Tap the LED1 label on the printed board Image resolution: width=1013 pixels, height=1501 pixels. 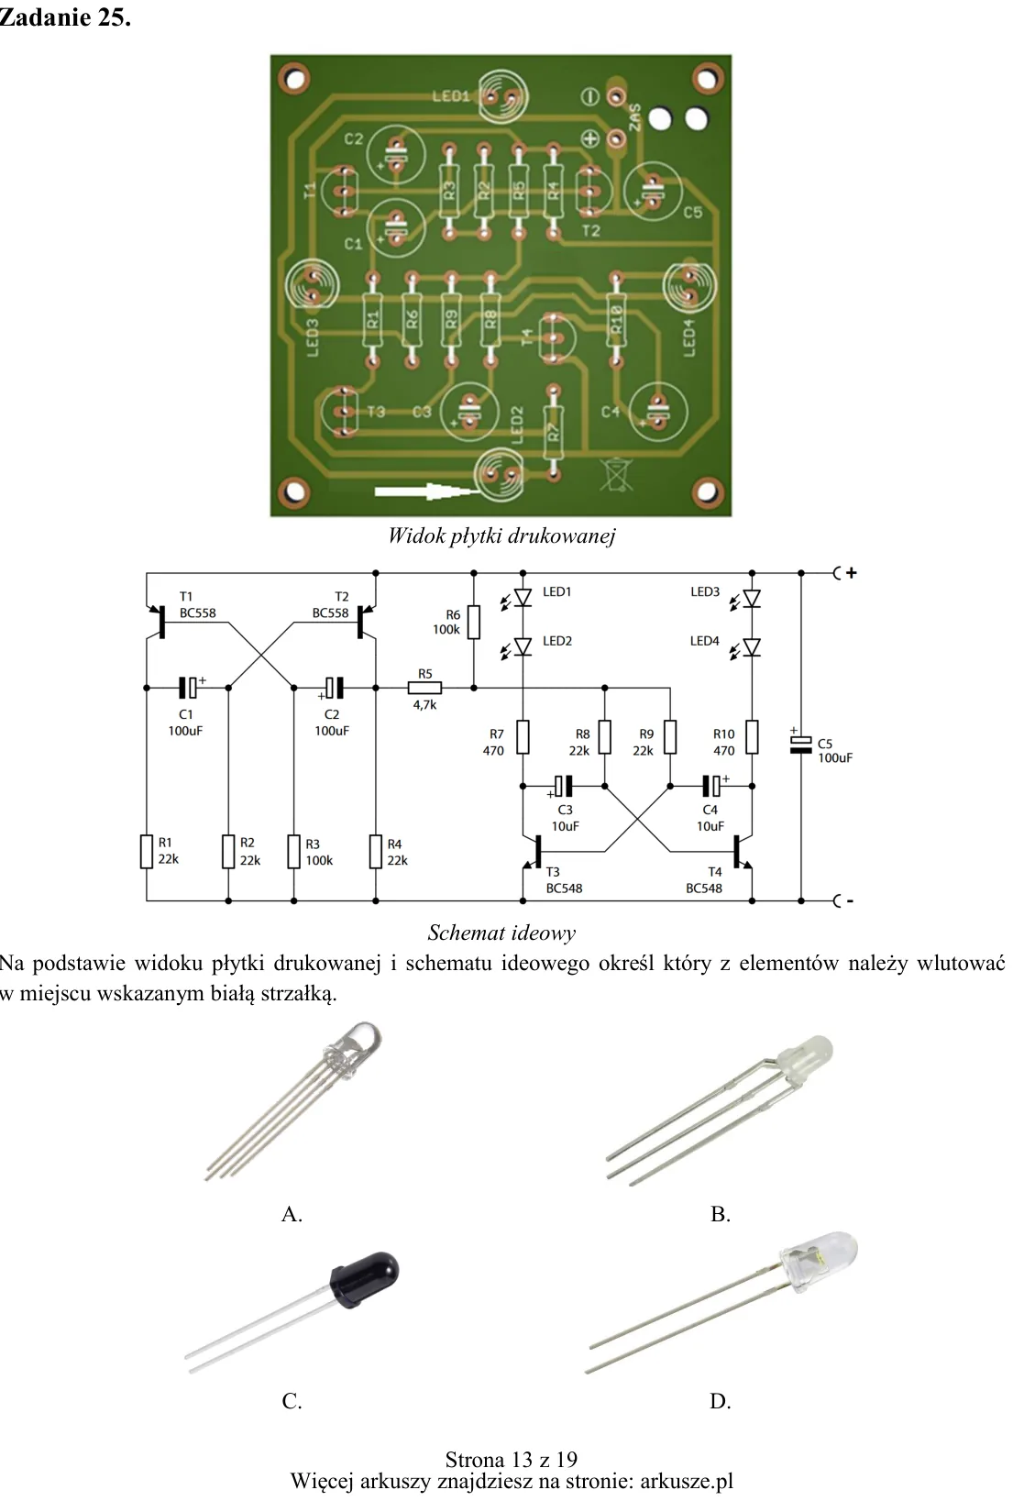coord(452,96)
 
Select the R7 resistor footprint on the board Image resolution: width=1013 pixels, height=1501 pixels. coord(553,431)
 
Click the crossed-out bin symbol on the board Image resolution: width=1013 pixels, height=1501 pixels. coord(616,474)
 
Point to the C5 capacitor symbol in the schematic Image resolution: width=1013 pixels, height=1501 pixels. coord(800,745)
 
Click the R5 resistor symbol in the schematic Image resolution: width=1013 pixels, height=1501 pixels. coord(424,688)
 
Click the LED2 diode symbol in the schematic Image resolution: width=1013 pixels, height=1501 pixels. coord(523,647)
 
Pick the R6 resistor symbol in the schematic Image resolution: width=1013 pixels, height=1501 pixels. coord(474,622)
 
